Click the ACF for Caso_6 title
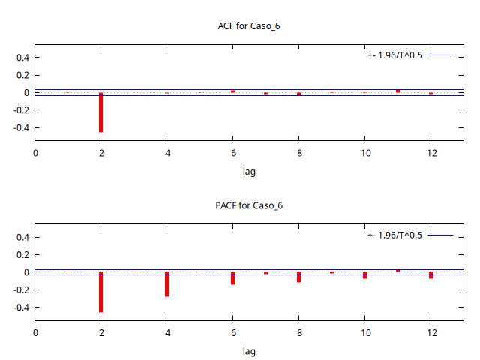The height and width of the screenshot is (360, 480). click(249, 26)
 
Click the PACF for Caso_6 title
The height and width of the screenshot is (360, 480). click(249, 205)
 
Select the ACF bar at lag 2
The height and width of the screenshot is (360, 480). click(100, 112)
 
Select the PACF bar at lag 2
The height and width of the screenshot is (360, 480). click(100, 292)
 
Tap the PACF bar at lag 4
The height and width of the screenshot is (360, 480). click(166, 284)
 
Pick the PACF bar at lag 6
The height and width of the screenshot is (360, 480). click(232, 278)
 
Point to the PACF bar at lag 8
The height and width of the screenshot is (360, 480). click(298, 277)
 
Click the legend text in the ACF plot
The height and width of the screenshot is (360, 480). click(395, 56)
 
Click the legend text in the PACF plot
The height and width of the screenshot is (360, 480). click(395, 235)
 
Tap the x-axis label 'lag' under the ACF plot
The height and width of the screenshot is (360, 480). click(249, 172)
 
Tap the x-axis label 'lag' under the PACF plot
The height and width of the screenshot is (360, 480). click(249, 351)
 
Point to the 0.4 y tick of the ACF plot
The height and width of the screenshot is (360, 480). click(21, 57)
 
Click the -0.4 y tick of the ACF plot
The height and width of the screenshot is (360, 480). click(19, 127)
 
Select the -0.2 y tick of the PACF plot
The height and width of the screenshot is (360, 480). click(19, 289)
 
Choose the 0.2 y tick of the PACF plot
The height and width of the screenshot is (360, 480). click(21, 255)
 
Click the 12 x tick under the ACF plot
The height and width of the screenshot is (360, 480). click(430, 153)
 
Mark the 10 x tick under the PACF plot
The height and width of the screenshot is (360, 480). click(364, 332)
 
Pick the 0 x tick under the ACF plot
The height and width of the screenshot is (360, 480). click(35, 153)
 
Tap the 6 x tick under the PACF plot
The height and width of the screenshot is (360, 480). click(232, 332)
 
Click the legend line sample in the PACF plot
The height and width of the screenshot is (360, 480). click(440, 235)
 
